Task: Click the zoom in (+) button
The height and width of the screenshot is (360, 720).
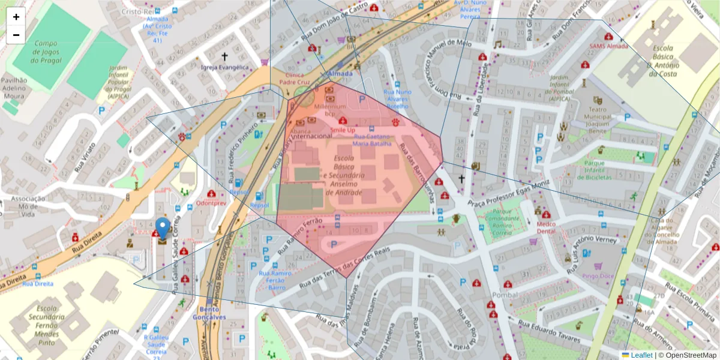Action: (x=16, y=17)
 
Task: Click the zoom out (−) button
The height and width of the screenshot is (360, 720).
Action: (x=16, y=35)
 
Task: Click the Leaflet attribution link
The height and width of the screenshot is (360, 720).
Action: (x=641, y=355)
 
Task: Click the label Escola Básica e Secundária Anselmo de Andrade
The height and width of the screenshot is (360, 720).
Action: (x=344, y=175)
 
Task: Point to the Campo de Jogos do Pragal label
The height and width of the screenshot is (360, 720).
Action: (x=46, y=52)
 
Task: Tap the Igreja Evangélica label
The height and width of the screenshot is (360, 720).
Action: (x=224, y=67)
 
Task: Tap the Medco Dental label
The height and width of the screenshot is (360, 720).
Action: (x=547, y=227)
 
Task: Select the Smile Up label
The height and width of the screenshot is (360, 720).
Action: (x=343, y=130)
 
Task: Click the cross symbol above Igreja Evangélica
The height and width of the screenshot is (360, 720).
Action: (x=225, y=56)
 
